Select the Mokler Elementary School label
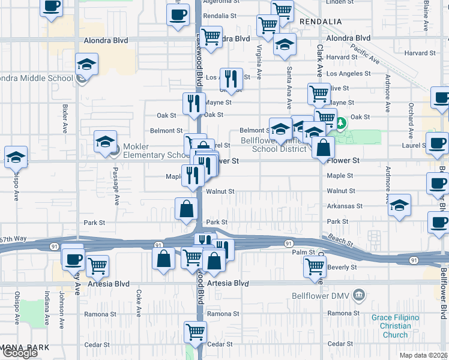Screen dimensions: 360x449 [x=154, y=151]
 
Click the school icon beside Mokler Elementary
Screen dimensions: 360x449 [x=105, y=142]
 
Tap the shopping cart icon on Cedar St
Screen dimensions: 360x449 [x=195, y=331]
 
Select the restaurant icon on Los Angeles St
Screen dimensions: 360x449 [x=231, y=78]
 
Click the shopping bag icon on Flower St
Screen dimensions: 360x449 [x=323, y=147]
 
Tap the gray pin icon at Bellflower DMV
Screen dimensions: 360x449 [x=359, y=295]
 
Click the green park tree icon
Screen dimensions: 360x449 [x=342, y=124]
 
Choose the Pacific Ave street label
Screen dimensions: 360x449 [x=366, y=55]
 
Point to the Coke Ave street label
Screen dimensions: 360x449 [x=139, y=303]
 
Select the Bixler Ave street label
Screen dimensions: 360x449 [x=65, y=119]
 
